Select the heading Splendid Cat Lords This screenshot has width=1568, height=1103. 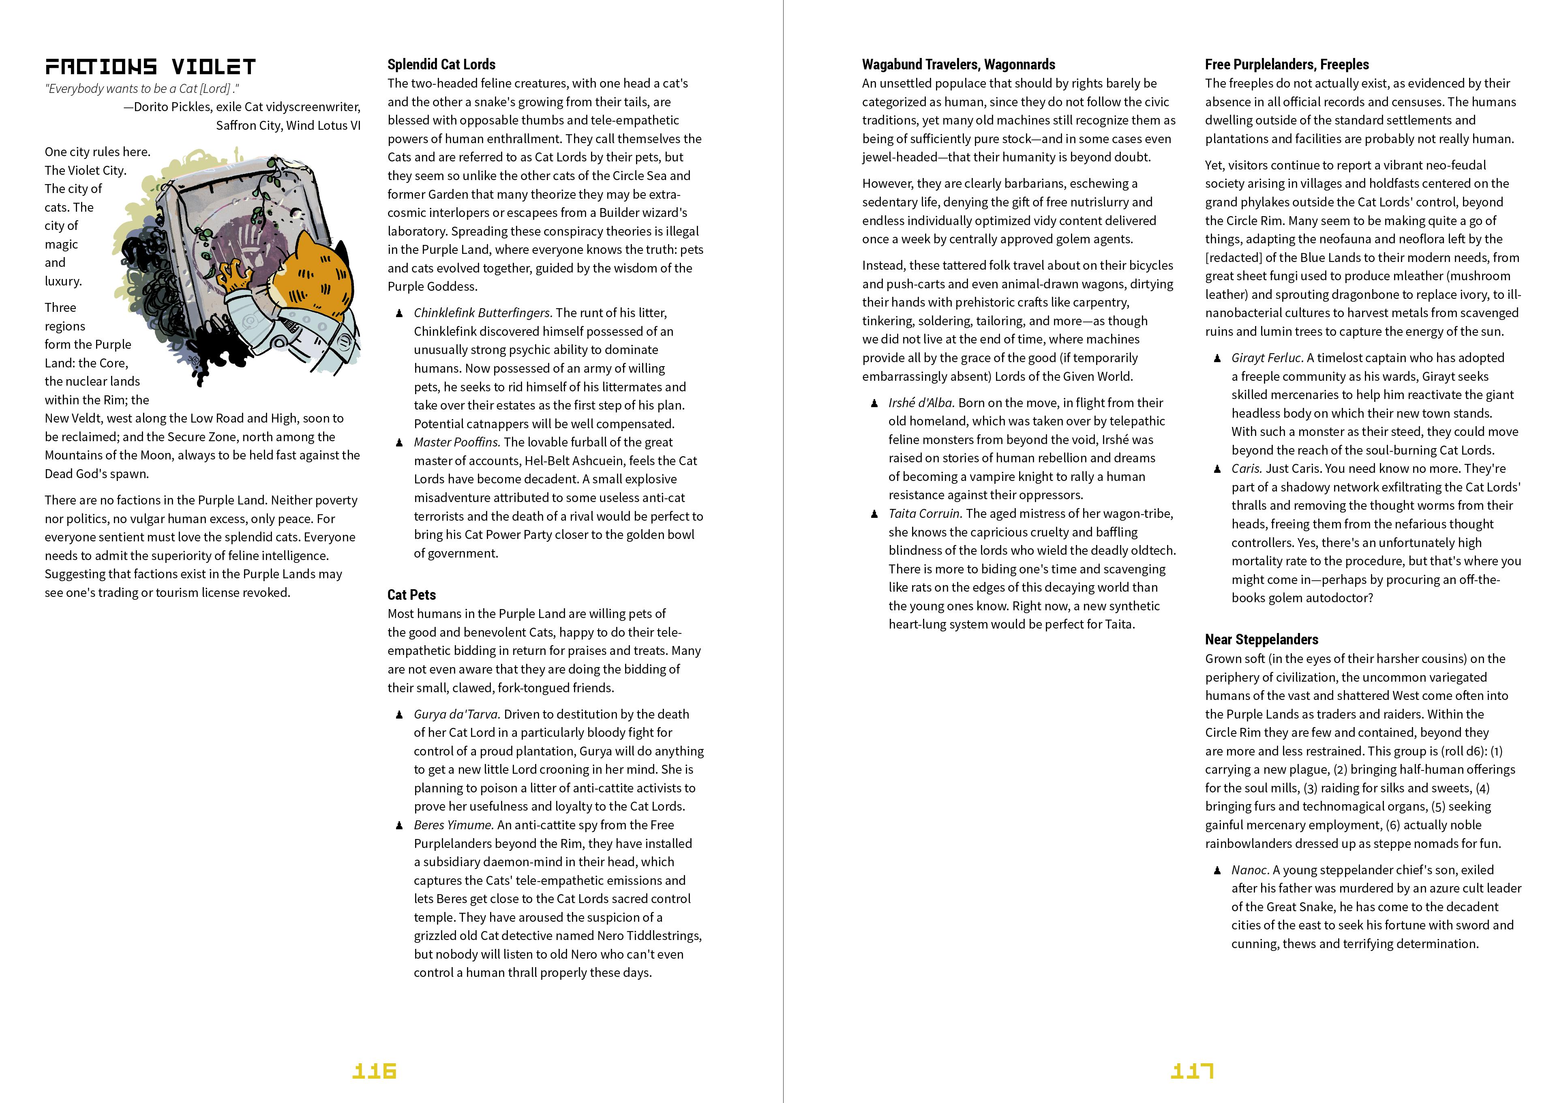(441, 64)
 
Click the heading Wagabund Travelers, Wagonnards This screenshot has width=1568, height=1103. (958, 64)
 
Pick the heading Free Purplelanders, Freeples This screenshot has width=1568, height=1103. (1287, 64)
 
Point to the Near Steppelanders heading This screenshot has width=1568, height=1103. (1262, 639)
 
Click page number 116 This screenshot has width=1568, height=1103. (374, 1070)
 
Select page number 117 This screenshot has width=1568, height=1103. (1192, 1070)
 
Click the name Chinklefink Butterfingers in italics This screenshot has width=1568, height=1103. (482, 313)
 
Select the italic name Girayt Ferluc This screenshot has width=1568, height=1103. (1268, 358)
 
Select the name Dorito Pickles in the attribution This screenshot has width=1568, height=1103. (172, 107)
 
